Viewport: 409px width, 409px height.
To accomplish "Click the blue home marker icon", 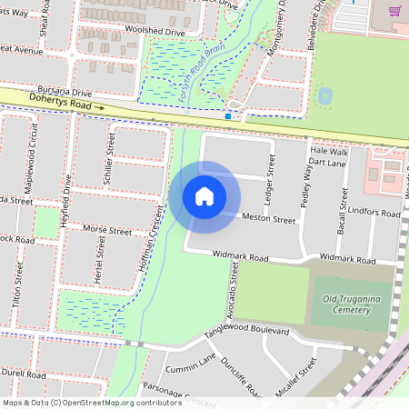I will click(204, 195).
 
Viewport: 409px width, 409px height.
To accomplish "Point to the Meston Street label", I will click(269, 219).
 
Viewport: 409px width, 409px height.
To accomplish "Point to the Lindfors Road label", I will click(374, 213).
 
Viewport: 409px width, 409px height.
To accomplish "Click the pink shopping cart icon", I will click(394, 11).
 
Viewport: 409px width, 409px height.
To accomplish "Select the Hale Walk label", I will click(328, 151).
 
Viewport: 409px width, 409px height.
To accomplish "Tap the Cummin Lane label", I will click(192, 364).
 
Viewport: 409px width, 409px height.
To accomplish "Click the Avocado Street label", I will click(233, 282).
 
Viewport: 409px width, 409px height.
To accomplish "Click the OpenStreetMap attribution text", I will click(79, 403).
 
